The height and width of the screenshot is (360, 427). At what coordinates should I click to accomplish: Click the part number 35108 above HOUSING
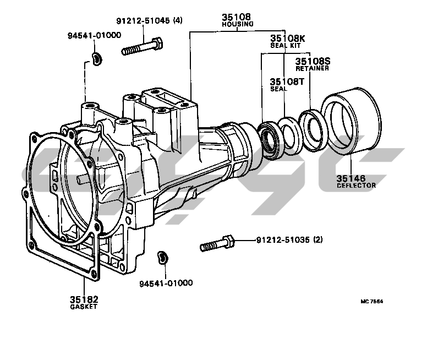coord(236,17)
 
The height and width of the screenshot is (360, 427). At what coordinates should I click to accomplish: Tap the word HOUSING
coord(238,24)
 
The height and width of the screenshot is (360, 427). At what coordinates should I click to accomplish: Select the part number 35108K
coord(288,39)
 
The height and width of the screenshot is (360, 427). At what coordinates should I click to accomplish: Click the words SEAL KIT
coord(285,46)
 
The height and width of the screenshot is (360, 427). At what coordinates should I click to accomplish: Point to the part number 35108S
coord(313,61)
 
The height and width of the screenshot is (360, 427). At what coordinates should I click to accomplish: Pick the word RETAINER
coord(312,68)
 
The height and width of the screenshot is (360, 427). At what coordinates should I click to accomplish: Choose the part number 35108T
coord(287,81)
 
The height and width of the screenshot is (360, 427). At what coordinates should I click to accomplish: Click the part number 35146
coord(351,178)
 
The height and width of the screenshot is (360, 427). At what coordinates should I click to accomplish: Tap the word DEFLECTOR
coord(356,186)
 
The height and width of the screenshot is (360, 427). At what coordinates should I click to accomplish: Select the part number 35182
coord(84,299)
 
